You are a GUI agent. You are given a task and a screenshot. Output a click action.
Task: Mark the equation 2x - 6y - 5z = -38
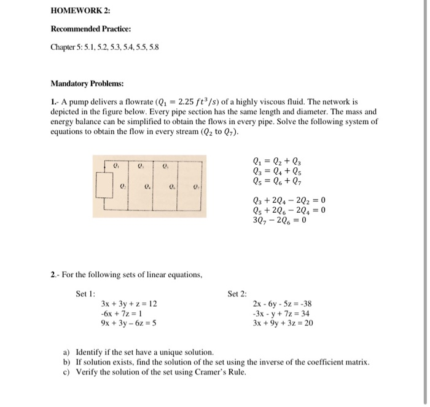point(282,304)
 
